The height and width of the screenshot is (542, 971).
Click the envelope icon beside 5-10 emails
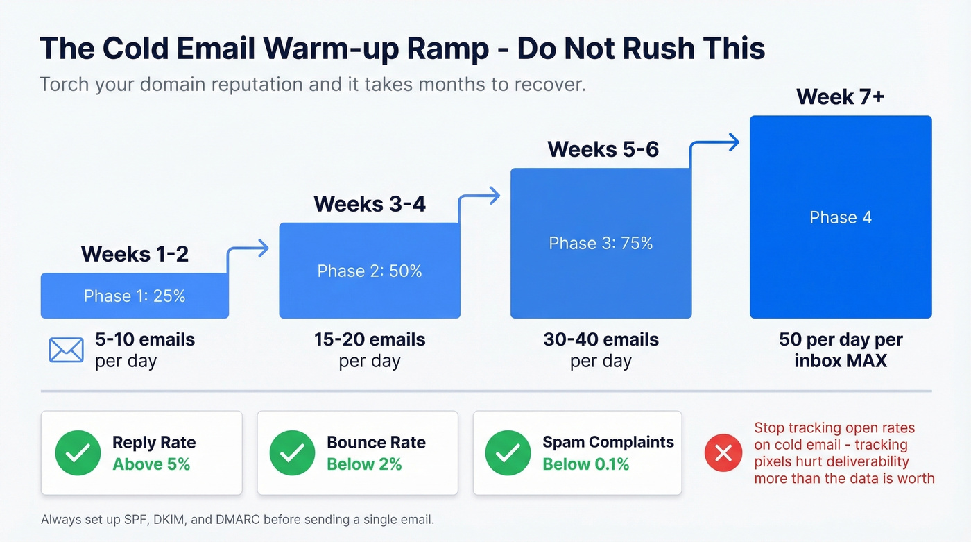point(66,350)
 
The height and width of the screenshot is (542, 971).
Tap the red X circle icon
point(723,453)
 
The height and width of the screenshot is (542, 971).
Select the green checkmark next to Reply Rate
point(78,453)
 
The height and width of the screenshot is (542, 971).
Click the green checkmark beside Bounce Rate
point(292,453)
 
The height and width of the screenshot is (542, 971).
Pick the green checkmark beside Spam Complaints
point(508,453)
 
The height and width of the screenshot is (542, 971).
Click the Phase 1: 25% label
point(135,296)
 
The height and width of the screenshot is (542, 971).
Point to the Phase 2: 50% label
point(370,271)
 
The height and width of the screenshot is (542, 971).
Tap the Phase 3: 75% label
point(601,243)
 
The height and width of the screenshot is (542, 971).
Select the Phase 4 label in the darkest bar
point(841,217)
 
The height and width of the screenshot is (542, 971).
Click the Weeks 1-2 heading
point(135,254)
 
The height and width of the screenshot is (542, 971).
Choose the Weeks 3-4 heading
point(370,204)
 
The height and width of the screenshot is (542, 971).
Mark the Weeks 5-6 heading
point(603,149)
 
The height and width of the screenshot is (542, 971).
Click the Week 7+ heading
point(840,96)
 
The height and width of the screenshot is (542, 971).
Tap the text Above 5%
point(151,464)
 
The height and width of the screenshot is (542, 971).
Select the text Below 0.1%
point(585,464)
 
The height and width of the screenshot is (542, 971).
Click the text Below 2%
point(364,464)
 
